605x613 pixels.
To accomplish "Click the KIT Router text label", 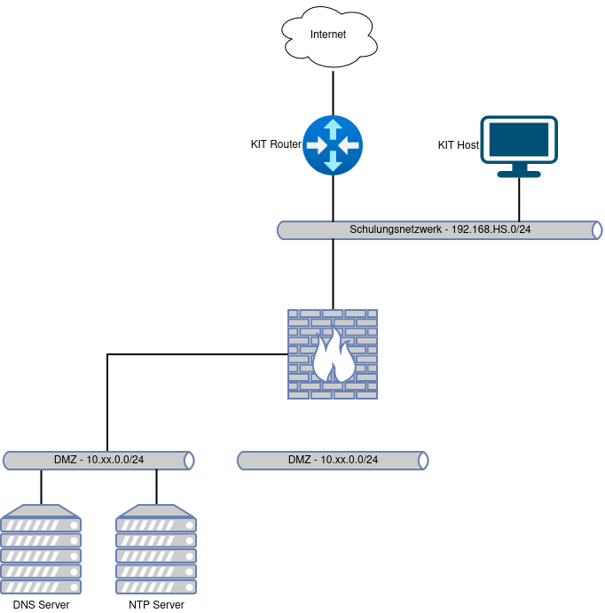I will pos(276,144).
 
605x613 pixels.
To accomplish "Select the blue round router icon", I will pos(333,144).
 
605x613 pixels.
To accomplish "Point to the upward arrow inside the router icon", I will pos(333,128).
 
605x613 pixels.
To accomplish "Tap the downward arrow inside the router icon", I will pos(333,161).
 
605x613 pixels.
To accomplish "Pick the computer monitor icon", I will pos(519,142).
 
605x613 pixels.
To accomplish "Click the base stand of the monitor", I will pos(519,173).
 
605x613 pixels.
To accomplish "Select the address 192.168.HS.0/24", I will pos(491,230).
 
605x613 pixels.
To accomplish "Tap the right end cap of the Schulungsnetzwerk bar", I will pos(597,230).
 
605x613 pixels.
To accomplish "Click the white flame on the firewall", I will pos(334,356).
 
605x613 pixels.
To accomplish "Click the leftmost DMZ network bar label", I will pos(98,461).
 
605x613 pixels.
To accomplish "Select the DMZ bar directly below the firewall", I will pos(333,461).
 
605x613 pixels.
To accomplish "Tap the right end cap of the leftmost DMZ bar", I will pos(189,461).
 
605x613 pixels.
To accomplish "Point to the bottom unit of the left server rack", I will pos(42,586).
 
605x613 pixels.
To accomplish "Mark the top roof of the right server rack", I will pos(156,511).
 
